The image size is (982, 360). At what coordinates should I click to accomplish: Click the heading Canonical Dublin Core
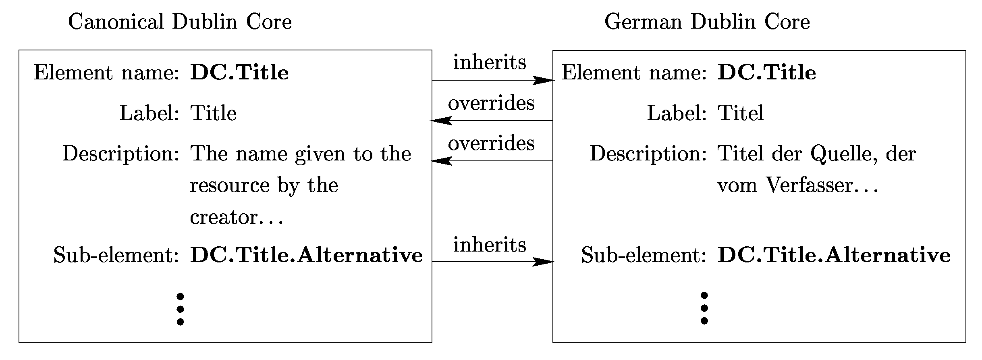180,22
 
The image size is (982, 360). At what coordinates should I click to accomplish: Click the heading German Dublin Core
707,22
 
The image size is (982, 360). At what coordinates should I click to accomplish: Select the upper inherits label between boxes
490,62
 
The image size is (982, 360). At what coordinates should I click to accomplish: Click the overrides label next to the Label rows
491,103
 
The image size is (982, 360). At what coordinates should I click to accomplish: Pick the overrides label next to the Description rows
491,144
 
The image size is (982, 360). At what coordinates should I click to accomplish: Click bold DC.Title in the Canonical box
239,73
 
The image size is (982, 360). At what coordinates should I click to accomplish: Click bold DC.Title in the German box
767,73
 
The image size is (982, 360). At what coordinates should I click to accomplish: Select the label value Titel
741,113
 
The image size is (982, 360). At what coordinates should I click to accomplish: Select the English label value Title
213,113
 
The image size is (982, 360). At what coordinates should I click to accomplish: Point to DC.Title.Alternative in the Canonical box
306,255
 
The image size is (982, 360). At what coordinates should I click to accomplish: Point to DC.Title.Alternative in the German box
834,255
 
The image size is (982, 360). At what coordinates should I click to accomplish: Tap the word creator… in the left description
237,218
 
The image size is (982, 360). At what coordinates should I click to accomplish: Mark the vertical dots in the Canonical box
180,309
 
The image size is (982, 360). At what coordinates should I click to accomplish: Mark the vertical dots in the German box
704,308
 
